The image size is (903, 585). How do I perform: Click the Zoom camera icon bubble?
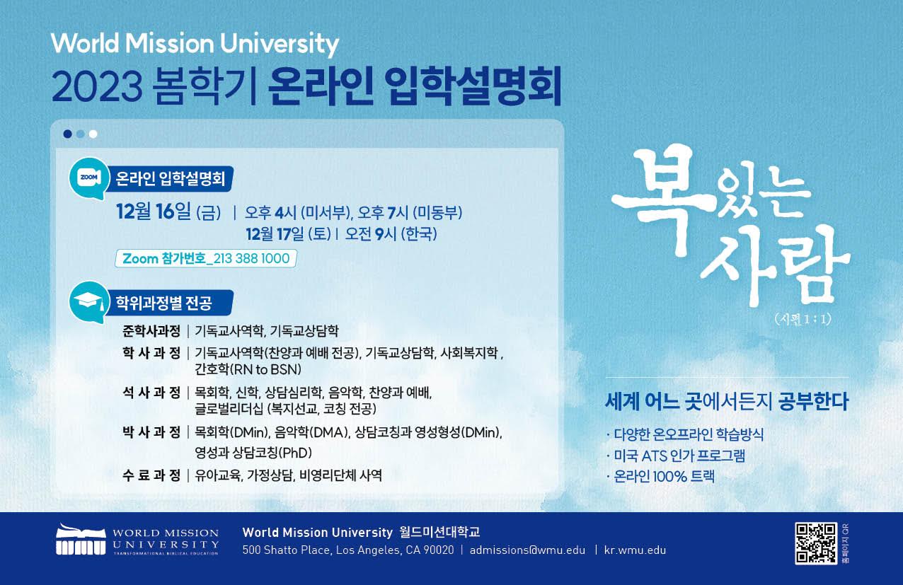[x=89, y=178]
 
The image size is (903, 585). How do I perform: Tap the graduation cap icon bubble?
[x=89, y=302]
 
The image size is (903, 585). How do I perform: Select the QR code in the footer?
[x=816, y=543]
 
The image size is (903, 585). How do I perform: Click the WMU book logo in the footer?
[x=81, y=539]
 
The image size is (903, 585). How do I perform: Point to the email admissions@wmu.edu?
[x=527, y=550]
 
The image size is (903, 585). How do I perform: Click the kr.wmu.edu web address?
[x=635, y=550]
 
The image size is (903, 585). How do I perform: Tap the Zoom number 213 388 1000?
[x=251, y=258]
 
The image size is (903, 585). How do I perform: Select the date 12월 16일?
[x=153, y=212]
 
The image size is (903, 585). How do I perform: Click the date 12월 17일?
[x=275, y=233]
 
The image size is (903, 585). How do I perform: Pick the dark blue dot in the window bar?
[x=68, y=134]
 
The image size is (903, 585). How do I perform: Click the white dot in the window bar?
[x=93, y=134]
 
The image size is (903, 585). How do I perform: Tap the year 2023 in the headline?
[x=97, y=86]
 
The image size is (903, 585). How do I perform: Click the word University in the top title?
[x=280, y=44]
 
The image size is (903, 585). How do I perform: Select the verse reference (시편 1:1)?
[x=803, y=320]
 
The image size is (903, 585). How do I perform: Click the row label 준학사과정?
[x=151, y=331]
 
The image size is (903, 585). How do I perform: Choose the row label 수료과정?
[x=151, y=475]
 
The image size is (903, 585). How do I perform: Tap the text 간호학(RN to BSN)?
[x=248, y=369]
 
